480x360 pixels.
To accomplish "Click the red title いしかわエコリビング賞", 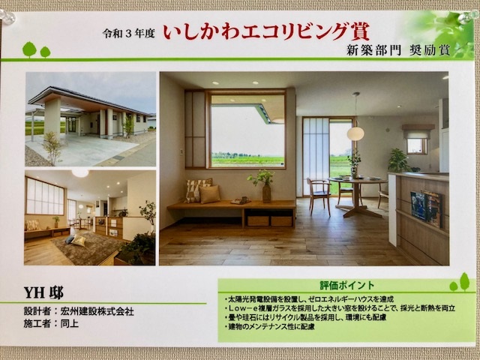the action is (x=266, y=32).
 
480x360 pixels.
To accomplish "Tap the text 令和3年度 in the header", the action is (x=128, y=33).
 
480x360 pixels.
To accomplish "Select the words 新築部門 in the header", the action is (x=373, y=50).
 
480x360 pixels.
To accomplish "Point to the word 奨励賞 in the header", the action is (x=430, y=50).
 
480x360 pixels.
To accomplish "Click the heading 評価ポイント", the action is (x=347, y=285).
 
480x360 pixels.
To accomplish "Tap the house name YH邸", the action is (x=43, y=293).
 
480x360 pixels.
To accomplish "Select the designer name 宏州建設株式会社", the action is (x=97, y=311).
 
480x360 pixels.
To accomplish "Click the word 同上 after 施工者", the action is (x=70, y=323).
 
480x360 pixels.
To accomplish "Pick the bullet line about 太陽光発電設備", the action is (x=309, y=299).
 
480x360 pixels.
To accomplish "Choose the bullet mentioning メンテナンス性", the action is (x=269, y=327).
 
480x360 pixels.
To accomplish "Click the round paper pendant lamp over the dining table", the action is (x=355, y=133).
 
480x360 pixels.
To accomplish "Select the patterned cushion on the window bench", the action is (x=197, y=190).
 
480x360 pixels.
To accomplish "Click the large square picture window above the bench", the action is (x=247, y=130).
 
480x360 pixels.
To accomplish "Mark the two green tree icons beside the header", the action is (x=37, y=50).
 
